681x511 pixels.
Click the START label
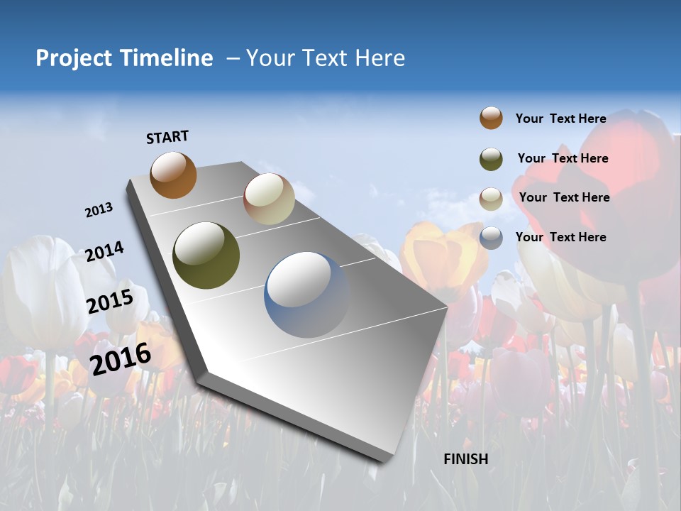click(167, 137)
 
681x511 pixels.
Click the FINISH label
click(466, 459)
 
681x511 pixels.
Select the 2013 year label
click(99, 210)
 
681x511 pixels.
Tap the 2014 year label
click(105, 252)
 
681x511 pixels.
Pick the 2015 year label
click(110, 302)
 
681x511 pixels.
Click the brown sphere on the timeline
click(173, 175)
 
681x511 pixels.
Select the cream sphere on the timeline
click(269, 199)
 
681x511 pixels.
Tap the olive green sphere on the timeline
click(206, 255)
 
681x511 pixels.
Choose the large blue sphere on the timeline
click(307, 295)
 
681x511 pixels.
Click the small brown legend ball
click(491, 119)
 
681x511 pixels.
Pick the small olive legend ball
click(491, 159)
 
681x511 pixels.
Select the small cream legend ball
click(491, 199)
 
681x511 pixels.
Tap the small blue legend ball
click(491, 238)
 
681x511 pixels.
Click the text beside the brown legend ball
click(560, 119)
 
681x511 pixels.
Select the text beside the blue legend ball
click(560, 237)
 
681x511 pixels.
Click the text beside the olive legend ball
click(563, 158)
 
